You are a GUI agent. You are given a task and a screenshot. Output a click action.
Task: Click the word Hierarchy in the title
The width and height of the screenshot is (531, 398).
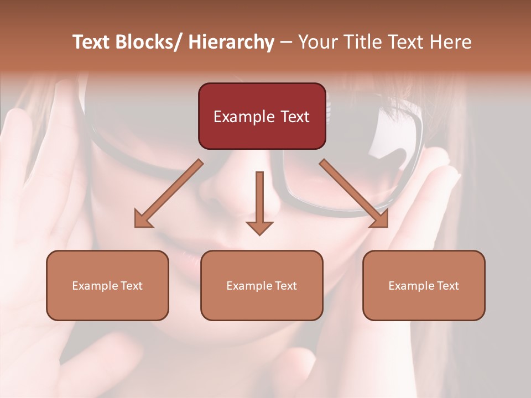pyautogui.click(x=231, y=42)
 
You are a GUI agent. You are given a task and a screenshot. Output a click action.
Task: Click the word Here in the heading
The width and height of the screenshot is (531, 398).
pyautogui.click(x=451, y=42)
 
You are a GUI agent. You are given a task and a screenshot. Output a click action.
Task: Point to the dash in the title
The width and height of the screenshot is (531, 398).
pyautogui.click(x=286, y=43)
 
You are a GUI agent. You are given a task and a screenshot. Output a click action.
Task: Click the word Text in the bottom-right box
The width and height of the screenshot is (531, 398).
pyautogui.click(x=447, y=286)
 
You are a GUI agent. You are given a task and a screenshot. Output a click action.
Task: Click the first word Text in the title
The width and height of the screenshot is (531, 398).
pyautogui.click(x=91, y=42)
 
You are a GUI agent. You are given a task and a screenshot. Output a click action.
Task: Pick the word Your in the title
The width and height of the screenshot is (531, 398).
pyautogui.click(x=316, y=42)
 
